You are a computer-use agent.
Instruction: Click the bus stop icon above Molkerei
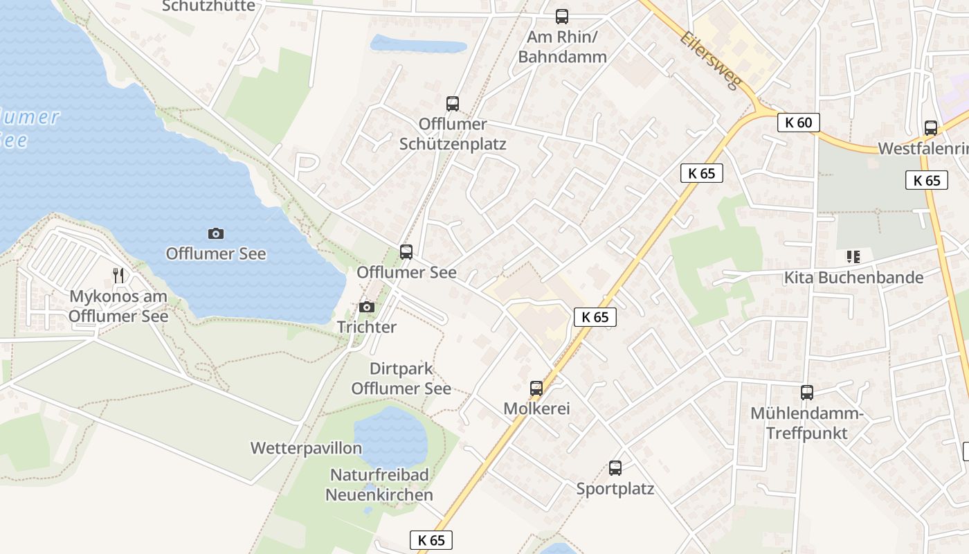tap(536, 388)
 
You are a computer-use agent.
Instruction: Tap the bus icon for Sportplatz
tap(615, 468)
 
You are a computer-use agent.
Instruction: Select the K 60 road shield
tap(798, 123)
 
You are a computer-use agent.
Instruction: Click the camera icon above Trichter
tap(366, 307)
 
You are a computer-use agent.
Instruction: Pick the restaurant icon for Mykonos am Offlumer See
tap(118, 276)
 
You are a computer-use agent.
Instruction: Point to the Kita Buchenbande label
tap(853, 278)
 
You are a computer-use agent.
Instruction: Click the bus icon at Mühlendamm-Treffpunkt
tap(807, 393)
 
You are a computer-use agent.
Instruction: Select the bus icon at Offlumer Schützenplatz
tap(453, 104)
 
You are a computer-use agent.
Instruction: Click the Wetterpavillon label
tap(306, 448)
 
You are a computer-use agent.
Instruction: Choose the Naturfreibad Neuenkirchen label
tap(379, 485)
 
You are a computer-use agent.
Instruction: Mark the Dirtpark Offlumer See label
tap(401, 379)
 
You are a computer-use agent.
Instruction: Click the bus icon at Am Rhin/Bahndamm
tap(562, 17)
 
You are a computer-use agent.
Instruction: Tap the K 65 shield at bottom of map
tap(431, 540)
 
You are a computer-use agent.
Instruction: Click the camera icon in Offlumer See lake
tap(216, 234)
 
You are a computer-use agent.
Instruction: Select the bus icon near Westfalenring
tap(931, 128)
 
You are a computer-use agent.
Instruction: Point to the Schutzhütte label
tap(208, 6)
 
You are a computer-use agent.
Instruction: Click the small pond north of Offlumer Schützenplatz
tap(418, 45)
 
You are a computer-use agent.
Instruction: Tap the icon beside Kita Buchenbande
tap(853, 257)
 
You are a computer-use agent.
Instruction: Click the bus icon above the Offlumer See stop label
tap(406, 252)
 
